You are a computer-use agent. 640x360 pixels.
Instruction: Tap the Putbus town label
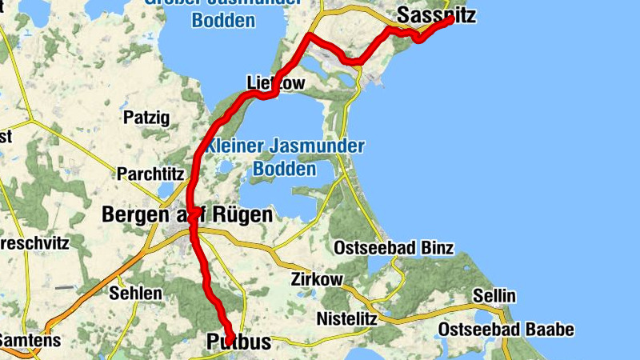(x=239, y=342)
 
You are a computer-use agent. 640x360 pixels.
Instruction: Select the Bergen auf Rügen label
(x=187, y=215)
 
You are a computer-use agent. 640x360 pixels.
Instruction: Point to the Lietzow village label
(x=277, y=82)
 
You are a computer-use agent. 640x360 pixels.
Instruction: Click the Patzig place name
(x=146, y=118)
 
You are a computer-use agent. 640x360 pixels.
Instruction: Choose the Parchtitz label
(x=150, y=174)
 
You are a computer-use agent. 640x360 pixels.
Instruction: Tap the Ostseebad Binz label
(x=394, y=248)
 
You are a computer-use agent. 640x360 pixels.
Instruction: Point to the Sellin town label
(x=494, y=297)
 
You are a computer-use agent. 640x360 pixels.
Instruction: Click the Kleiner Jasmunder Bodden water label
(x=285, y=158)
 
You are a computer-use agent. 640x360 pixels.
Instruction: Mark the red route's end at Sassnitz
(x=450, y=20)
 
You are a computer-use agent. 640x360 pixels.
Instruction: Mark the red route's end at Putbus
(x=230, y=338)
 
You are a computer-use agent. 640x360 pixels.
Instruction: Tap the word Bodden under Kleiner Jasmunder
(x=284, y=169)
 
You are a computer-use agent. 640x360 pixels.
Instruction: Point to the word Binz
(x=436, y=248)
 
